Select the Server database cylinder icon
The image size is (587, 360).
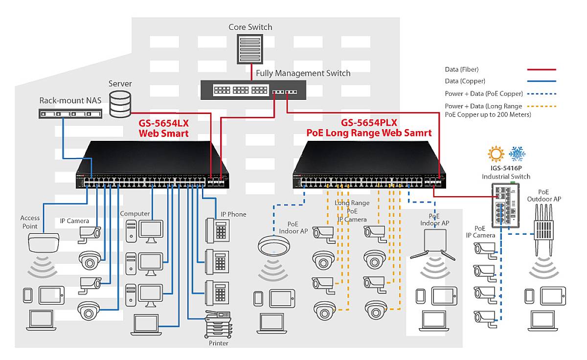pyautogui.click(x=120, y=104)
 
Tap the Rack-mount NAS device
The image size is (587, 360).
pyautogui.click(x=71, y=114)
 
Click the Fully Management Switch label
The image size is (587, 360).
pyautogui.click(x=304, y=73)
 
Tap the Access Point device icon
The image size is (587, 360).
pyautogui.click(x=44, y=242)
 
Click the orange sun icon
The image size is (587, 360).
pyautogui.click(x=496, y=154)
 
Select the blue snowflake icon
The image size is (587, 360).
pyautogui.click(x=517, y=154)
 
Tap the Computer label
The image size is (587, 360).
pyautogui.click(x=135, y=214)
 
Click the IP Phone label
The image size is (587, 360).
pyautogui.click(x=233, y=214)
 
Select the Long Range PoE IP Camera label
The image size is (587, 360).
pyautogui.click(x=352, y=211)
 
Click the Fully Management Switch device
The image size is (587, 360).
pyautogui.click(x=253, y=90)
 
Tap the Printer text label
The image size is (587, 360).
pyautogui.click(x=218, y=343)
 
